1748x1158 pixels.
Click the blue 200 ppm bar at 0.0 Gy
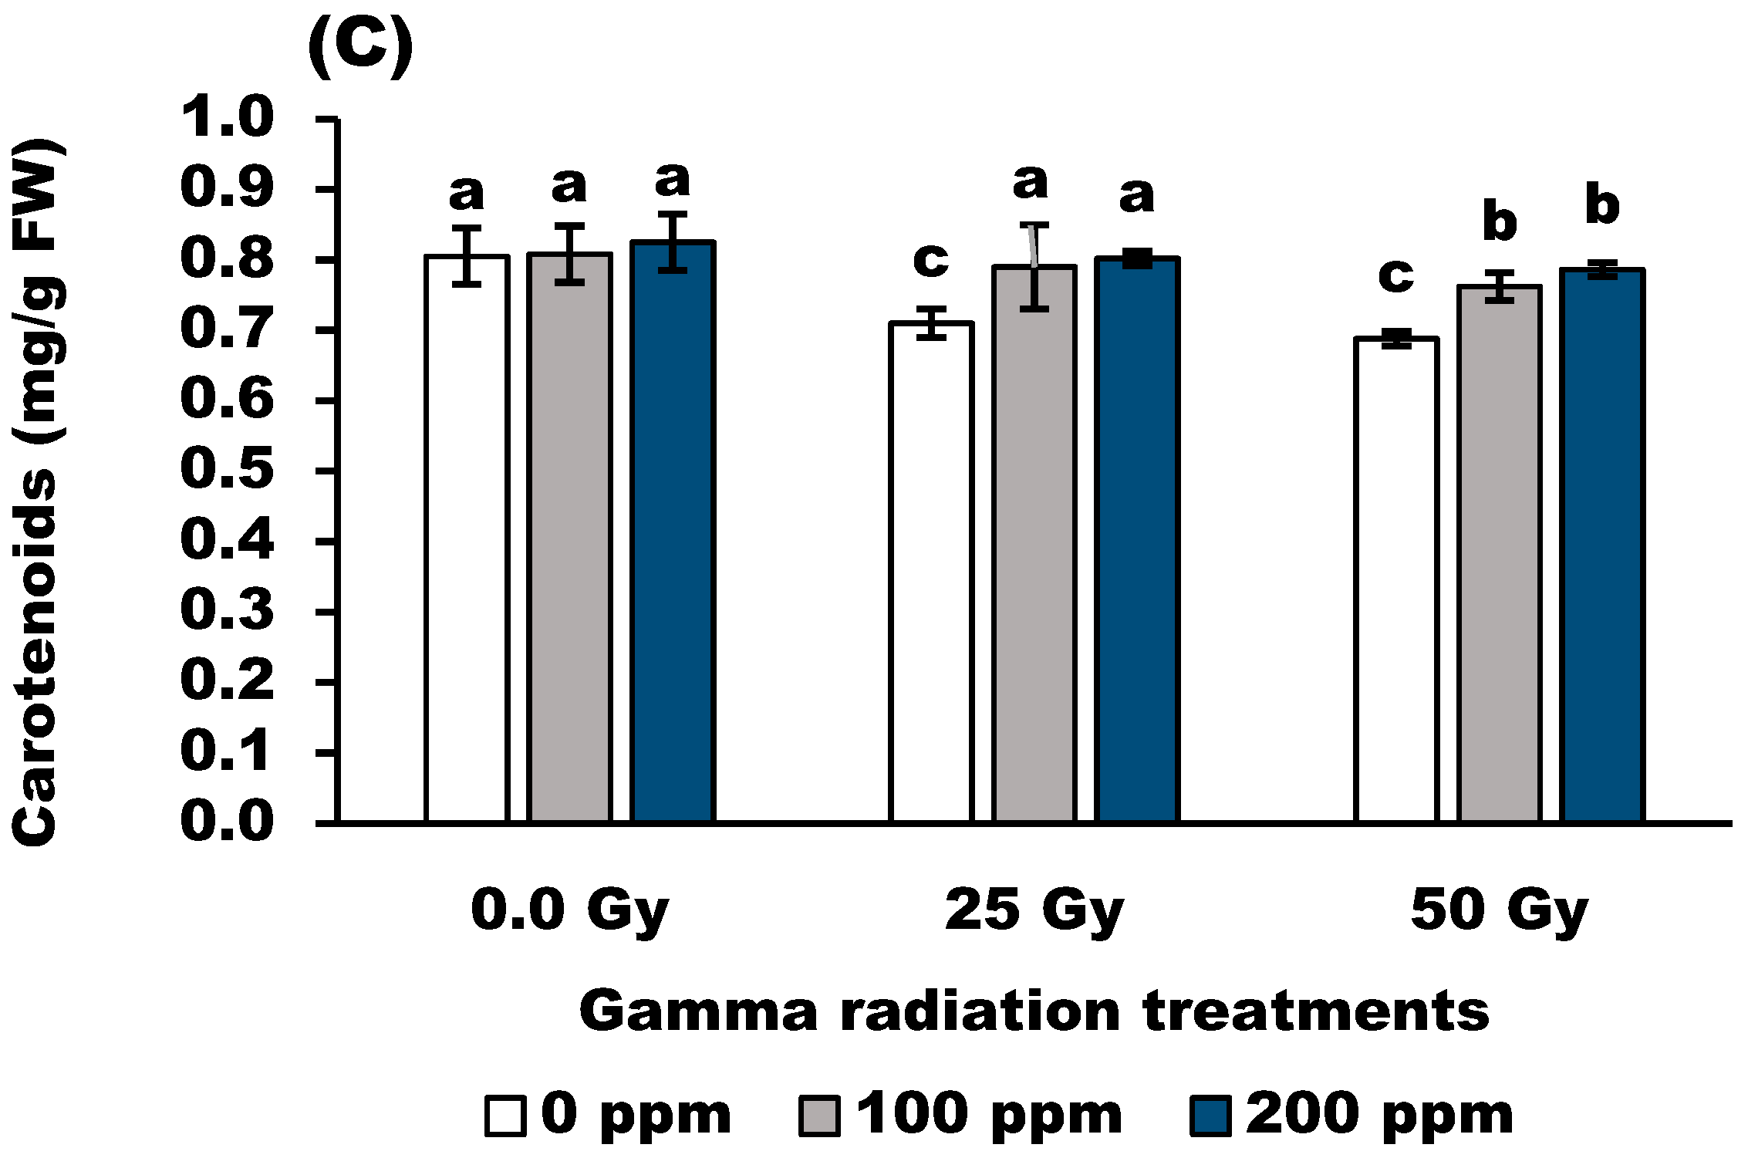click(x=673, y=532)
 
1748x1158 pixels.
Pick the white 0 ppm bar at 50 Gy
click(x=1396, y=579)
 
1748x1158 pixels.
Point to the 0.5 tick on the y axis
click(x=327, y=471)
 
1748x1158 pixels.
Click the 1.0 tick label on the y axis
click(x=227, y=117)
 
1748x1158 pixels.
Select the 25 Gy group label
click(x=1034, y=911)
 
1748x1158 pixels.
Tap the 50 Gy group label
click(x=1500, y=911)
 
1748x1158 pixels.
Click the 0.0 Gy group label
click(x=569, y=911)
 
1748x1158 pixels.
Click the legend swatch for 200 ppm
click(x=1210, y=1116)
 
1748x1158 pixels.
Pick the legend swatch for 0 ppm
click(x=505, y=1116)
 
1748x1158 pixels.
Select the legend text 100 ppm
click(x=990, y=1116)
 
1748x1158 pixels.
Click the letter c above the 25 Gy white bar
click(x=931, y=260)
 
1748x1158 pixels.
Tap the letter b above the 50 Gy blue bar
click(x=1602, y=205)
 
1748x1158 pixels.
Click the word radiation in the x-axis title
click(x=980, y=1011)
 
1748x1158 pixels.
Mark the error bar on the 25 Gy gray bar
click(x=1034, y=266)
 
